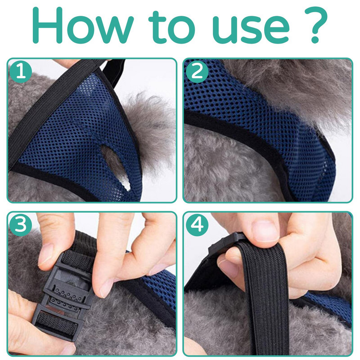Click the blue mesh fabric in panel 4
coord(331,308)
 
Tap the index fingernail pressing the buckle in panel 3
coord(106,290)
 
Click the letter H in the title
coord(48,25)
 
